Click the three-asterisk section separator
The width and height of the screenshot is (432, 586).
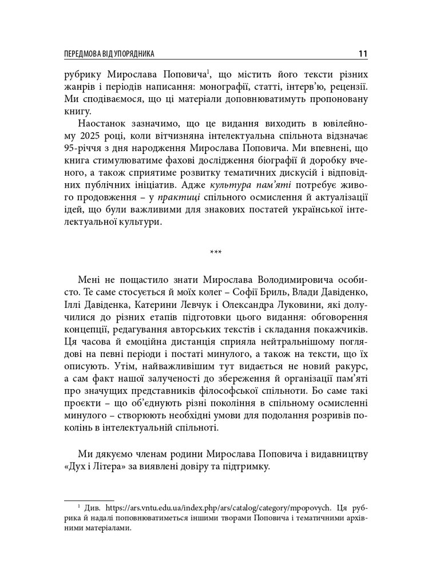pyautogui.click(x=216, y=252)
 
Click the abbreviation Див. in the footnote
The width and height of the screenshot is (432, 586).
pyautogui.click(x=90, y=507)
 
